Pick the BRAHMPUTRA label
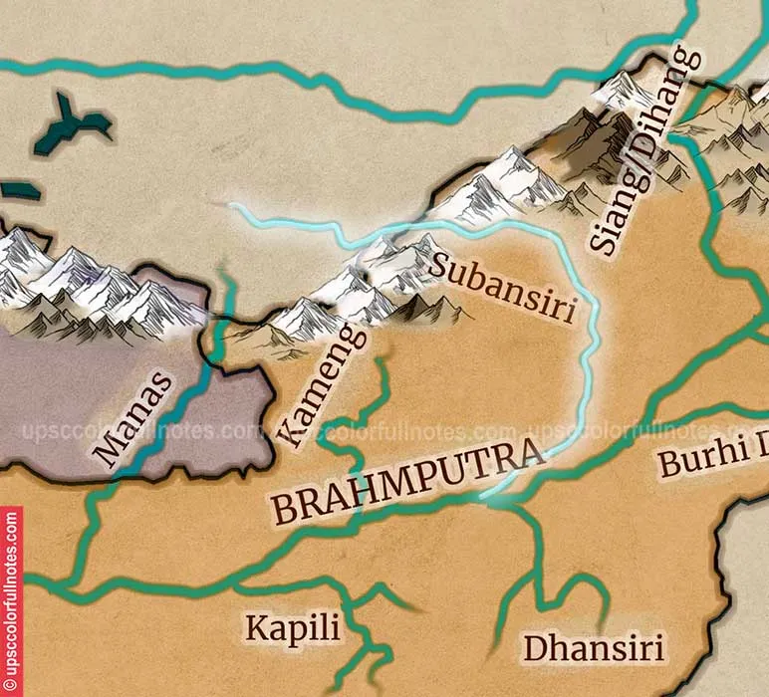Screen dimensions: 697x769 pos(409,485)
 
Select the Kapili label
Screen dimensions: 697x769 pos(293,628)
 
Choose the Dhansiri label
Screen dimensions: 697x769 pos(594,648)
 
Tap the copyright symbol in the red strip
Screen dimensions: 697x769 pos(11,686)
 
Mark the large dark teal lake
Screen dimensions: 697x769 pos(70,124)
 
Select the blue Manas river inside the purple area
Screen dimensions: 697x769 pos(179,418)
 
